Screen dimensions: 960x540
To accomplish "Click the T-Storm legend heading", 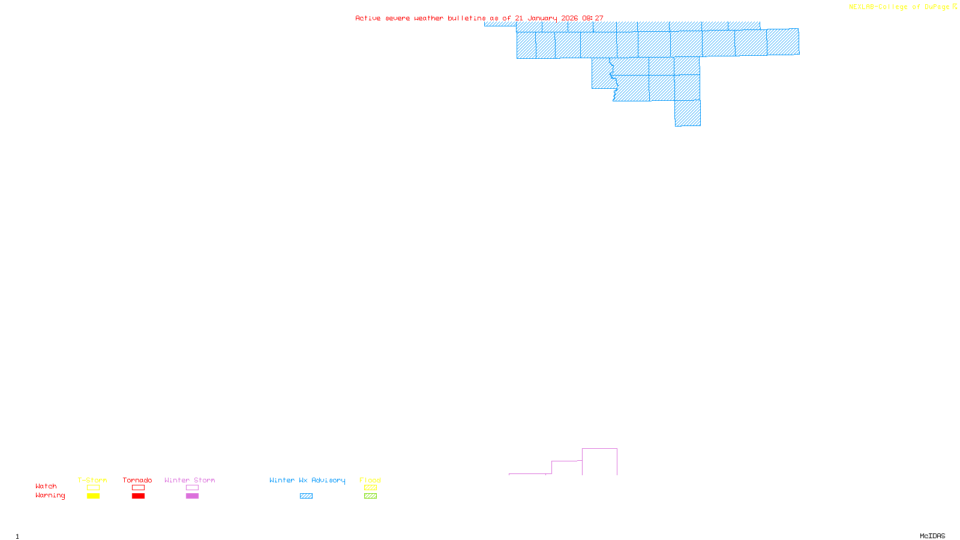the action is pyautogui.click(x=92, y=480).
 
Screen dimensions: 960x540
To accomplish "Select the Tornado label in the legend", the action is pyautogui.click(x=137, y=480).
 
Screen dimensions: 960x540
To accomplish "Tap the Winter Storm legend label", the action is pyautogui.click(x=190, y=480).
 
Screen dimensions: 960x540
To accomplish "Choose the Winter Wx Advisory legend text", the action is pyautogui.click(x=307, y=480).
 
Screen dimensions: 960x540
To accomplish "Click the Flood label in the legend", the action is pyautogui.click(x=370, y=480).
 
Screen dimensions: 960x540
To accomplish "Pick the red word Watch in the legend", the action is pyautogui.click(x=46, y=486).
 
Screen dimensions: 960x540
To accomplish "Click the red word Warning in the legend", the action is pyautogui.click(x=50, y=496).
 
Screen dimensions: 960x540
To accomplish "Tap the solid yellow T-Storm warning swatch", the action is pyautogui.click(x=93, y=496).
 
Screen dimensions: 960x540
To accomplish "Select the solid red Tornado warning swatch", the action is pyautogui.click(x=138, y=496).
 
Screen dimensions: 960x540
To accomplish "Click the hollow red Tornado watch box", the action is pyautogui.click(x=138, y=488).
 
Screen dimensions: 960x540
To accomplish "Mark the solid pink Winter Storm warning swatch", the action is pyautogui.click(x=192, y=496).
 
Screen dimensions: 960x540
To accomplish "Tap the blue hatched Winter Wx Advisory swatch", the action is pyautogui.click(x=306, y=496).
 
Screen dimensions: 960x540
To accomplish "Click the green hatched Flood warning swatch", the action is pyautogui.click(x=370, y=496).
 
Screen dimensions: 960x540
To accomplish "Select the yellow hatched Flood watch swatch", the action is pyautogui.click(x=370, y=488).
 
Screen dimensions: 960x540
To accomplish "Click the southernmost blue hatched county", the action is pyautogui.click(x=688, y=113).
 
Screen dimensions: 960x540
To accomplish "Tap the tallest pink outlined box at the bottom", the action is pyautogui.click(x=599, y=461).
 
